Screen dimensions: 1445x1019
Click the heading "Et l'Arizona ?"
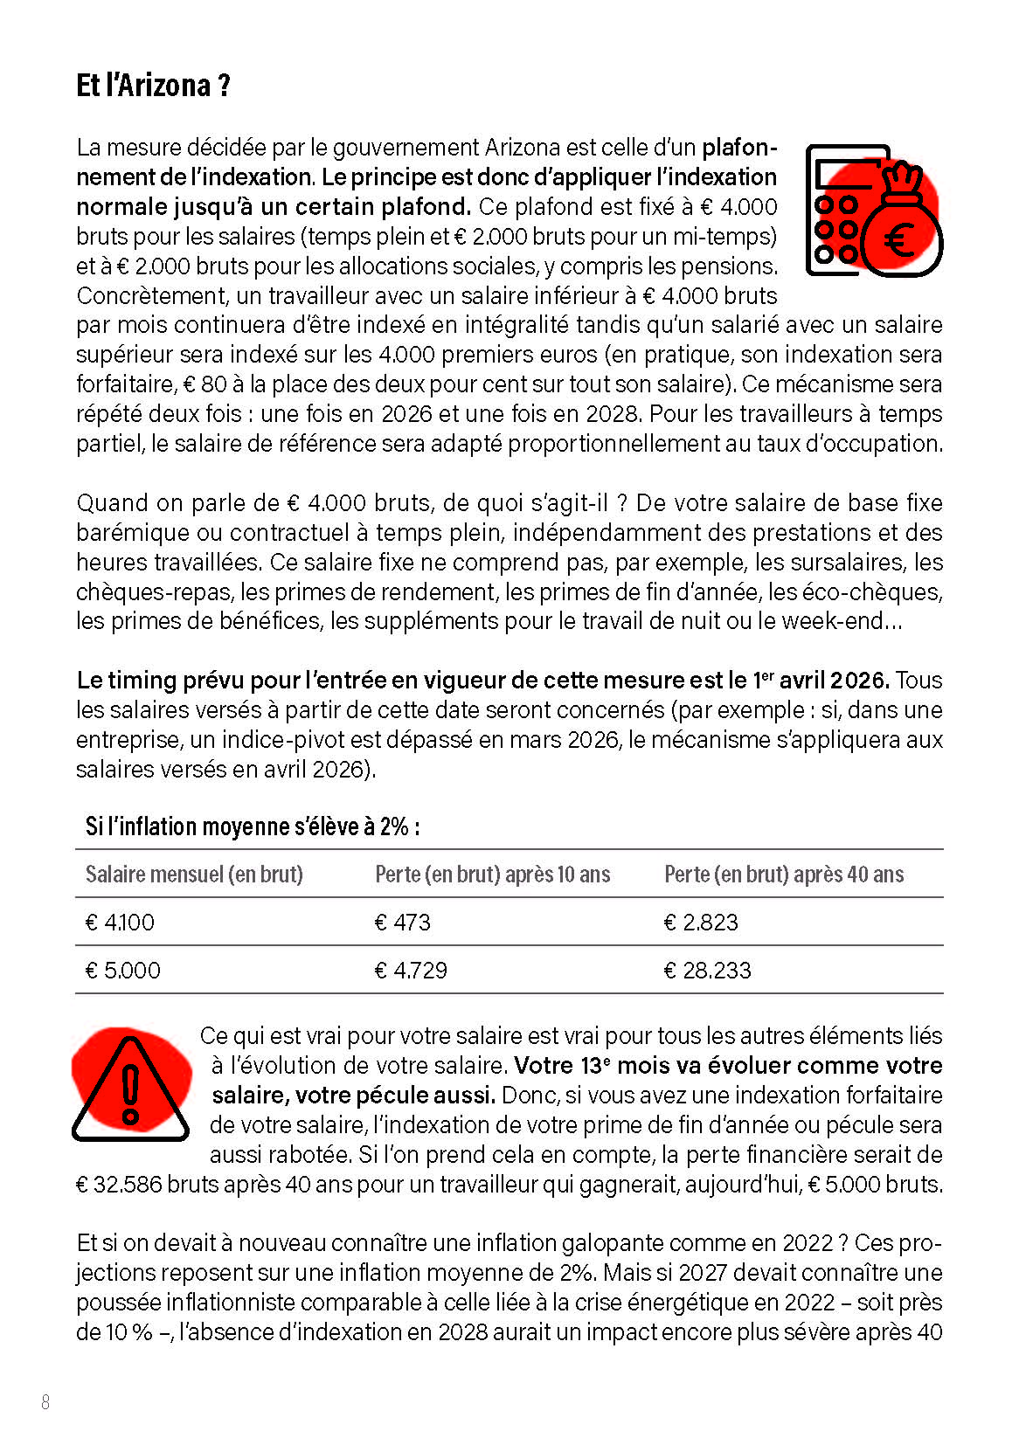pyautogui.click(x=153, y=86)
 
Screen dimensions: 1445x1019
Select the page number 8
pyautogui.click(x=45, y=1402)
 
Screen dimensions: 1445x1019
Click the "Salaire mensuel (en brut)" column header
pyautogui.click(x=194, y=875)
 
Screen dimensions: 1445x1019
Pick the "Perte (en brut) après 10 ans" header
pyautogui.click(x=492, y=875)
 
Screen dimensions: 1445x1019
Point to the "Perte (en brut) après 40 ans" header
pyautogui.click(x=784, y=875)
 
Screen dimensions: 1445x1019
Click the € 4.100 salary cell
pyautogui.click(x=120, y=923)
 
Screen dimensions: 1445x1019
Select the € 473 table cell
pyautogui.click(x=403, y=923)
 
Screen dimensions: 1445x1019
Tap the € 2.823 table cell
pyautogui.click(x=701, y=923)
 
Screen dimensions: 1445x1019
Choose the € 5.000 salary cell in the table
pyautogui.click(x=123, y=971)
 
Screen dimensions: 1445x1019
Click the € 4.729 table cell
pyautogui.click(x=411, y=971)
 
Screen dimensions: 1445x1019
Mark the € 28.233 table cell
pyautogui.click(x=708, y=971)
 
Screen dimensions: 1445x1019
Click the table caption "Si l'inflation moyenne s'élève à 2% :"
pyautogui.click(x=252, y=826)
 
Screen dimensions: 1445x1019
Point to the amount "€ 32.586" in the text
pyautogui.click(x=119, y=1185)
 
